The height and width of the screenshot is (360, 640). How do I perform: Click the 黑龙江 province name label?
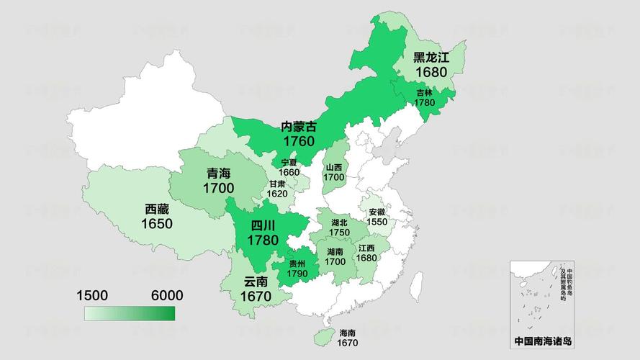pos(431,58)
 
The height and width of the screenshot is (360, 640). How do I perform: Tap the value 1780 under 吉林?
pos(425,103)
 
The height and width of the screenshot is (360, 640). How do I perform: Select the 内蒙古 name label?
pos(299,126)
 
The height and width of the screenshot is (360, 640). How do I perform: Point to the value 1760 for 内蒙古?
pos(299,141)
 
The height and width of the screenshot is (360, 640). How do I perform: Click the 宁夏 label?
pos(289,162)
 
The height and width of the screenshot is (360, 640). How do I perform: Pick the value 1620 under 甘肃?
pos(277,194)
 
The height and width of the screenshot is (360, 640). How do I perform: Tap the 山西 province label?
pos(333,167)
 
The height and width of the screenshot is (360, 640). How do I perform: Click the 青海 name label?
pos(219,174)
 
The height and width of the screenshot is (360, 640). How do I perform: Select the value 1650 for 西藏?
pos(157,224)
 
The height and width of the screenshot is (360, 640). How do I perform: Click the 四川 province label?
pos(263,225)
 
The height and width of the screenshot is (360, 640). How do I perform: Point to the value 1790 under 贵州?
pos(297,274)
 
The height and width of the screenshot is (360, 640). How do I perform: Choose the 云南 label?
pos(256,282)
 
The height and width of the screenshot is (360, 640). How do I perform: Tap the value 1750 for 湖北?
pos(339,233)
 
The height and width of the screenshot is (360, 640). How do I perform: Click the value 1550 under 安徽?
pos(377,222)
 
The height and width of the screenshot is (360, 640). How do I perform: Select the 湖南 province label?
pos(335,252)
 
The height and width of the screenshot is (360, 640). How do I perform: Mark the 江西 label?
pos(366,248)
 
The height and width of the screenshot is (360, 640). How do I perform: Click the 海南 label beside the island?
pos(347,333)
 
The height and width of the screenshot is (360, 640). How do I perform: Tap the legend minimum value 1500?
pos(93,295)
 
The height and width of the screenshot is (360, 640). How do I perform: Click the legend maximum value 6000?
pos(166,295)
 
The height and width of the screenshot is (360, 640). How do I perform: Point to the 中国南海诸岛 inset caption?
pos(543,341)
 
